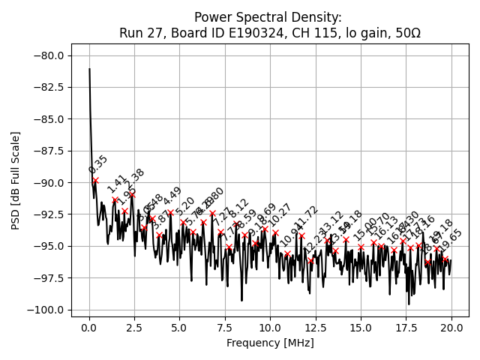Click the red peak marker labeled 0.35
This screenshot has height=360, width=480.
(95, 180)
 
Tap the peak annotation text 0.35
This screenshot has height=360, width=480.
(98, 165)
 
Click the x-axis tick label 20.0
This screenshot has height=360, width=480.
(451, 328)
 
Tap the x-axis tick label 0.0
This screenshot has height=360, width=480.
(89, 328)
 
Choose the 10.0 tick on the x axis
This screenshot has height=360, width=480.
(270, 328)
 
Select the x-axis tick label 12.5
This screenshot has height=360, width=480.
(316, 328)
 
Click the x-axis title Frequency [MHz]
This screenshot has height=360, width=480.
(270, 343)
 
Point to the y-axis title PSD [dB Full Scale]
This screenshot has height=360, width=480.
(15, 180)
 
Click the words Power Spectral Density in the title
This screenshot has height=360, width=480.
(268, 17)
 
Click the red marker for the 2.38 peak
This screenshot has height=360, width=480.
(132, 194)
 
